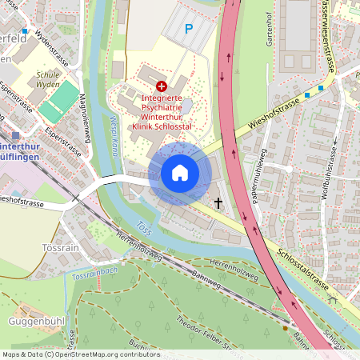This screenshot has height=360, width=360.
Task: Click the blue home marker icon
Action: (x=180, y=173)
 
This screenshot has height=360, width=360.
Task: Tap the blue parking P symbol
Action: (x=189, y=29)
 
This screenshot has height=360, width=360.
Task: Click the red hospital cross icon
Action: (x=162, y=85)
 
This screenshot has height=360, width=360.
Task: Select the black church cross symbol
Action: (x=218, y=203)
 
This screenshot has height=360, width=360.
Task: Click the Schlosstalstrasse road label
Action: (x=302, y=271)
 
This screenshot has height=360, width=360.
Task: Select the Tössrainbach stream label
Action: (x=94, y=275)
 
